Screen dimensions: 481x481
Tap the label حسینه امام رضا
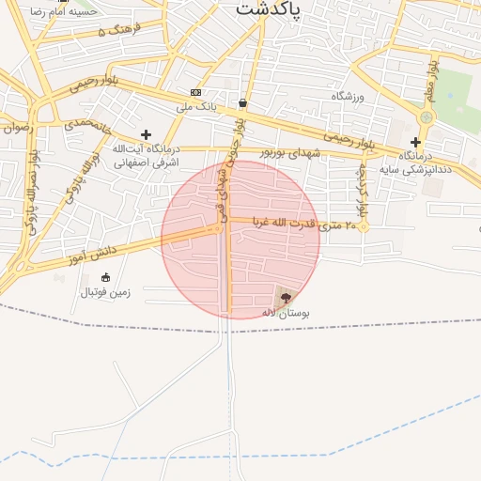(62, 12)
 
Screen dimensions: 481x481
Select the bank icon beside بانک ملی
(195, 92)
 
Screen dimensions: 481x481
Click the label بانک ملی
(195, 107)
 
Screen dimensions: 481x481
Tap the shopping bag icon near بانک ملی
(243, 102)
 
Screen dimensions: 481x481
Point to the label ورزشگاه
(347, 97)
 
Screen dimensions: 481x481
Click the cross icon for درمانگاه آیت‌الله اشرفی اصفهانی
(146, 135)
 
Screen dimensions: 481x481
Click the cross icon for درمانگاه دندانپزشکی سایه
(415, 142)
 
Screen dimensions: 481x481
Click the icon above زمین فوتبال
(104, 277)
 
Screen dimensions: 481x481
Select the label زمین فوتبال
(104, 292)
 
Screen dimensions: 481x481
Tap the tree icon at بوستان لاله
(286, 297)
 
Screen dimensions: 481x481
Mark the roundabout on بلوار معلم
(427, 117)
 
